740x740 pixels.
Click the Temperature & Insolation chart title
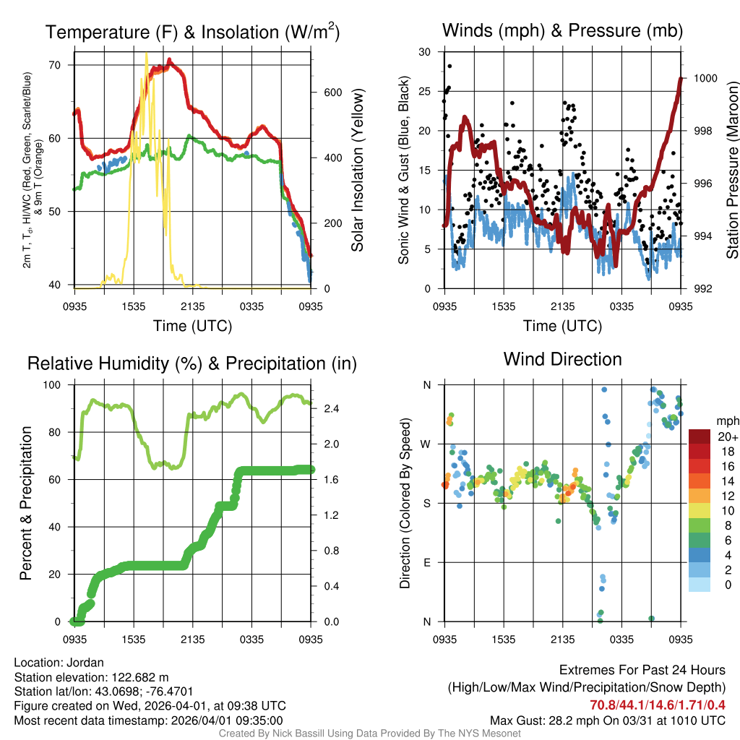(192, 33)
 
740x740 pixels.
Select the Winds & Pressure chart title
(562, 30)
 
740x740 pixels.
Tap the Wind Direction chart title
(562, 359)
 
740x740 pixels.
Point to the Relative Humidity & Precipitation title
(192, 363)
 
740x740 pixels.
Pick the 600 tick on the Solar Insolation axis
(332, 92)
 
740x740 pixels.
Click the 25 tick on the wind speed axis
(425, 91)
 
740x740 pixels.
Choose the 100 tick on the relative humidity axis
(57, 384)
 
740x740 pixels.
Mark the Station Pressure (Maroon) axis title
(732, 170)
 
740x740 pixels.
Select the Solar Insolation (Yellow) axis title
(358, 170)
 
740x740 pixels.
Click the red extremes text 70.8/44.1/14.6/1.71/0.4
(658, 705)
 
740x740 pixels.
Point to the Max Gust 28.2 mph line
(608, 720)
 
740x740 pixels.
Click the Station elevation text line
(91, 677)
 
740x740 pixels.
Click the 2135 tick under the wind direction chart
(563, 639)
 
